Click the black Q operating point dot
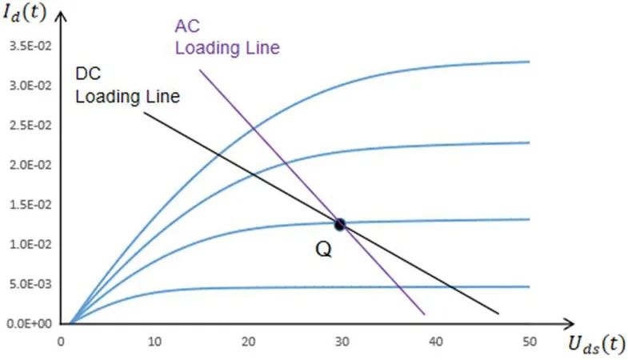coord(340,225)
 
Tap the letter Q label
coord(323,249)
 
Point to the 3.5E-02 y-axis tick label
coord(29,45)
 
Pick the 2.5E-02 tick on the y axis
coord(29,125)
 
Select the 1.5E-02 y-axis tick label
coord(29,205)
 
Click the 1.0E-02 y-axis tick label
coord(29,244)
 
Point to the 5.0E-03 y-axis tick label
coord(29,284)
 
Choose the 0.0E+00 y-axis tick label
coord(29,324)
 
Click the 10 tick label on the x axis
coord(154,342)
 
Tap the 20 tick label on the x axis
coord(248,342)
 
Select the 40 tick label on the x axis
coord(435,342)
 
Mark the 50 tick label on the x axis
coord(529,342)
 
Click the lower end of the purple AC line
coord(423,313)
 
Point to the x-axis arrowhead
coord(552,324)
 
